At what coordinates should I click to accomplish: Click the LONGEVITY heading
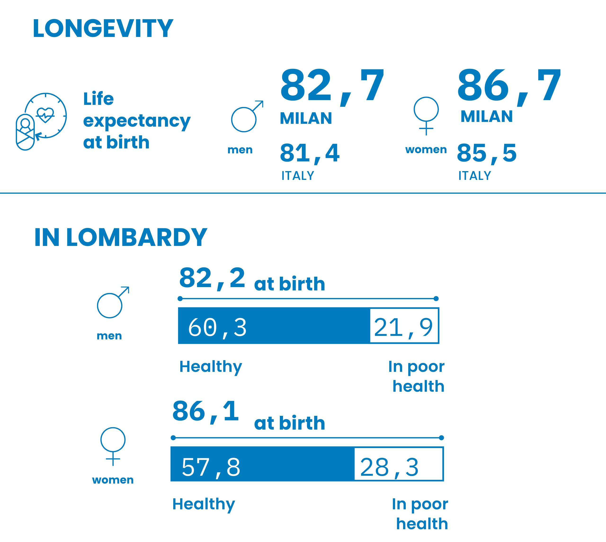pyautogui.click(x=103, y=29)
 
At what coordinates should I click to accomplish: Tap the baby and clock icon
pyautogui.click(x=41, y=121)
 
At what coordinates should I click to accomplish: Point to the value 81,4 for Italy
pyautogui.click(x=309, y=153)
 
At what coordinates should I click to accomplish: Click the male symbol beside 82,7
pyautogui.click(x=247, y=117)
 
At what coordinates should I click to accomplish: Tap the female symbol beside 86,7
pyautogui.click(x=426, y=116)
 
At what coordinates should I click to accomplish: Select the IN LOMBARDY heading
pyautogui.click(x=120, y=238)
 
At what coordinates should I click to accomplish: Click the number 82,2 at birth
pyautogui.click(x=212, y=278)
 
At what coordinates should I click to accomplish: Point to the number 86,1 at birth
pyautogui.click(x=205, y=412)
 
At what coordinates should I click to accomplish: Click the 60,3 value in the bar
pyautogui.click(x=217, y=328)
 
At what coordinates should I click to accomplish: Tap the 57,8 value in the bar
pyautogui.click(x=211, y=467)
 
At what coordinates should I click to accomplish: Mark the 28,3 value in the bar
pyautogui.click(x=389, y=467)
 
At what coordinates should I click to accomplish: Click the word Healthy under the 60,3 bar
pyautogui.click(x=210, y=367)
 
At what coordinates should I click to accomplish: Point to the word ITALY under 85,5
pyautogui.click(x=474, y=176)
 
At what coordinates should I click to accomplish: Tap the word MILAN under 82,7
pyautogui.click(x=306, y=118)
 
